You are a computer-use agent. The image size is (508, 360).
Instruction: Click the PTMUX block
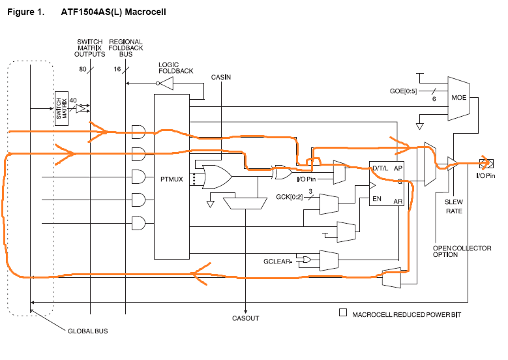pos(172,176)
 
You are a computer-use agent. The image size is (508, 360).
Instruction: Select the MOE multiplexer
pos(458,98)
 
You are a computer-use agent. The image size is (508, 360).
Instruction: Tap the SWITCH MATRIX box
pos(62,108)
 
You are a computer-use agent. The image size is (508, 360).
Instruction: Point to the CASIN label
pos(221,77)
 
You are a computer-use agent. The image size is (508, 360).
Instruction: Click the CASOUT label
pos(245,318)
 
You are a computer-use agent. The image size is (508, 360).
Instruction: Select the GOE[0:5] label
pos(402,91)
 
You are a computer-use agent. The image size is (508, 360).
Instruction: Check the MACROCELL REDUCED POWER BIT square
pos(343,313)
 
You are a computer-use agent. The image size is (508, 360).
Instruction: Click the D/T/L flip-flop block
pos(387,184)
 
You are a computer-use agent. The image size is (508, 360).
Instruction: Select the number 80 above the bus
pos(83,68)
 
